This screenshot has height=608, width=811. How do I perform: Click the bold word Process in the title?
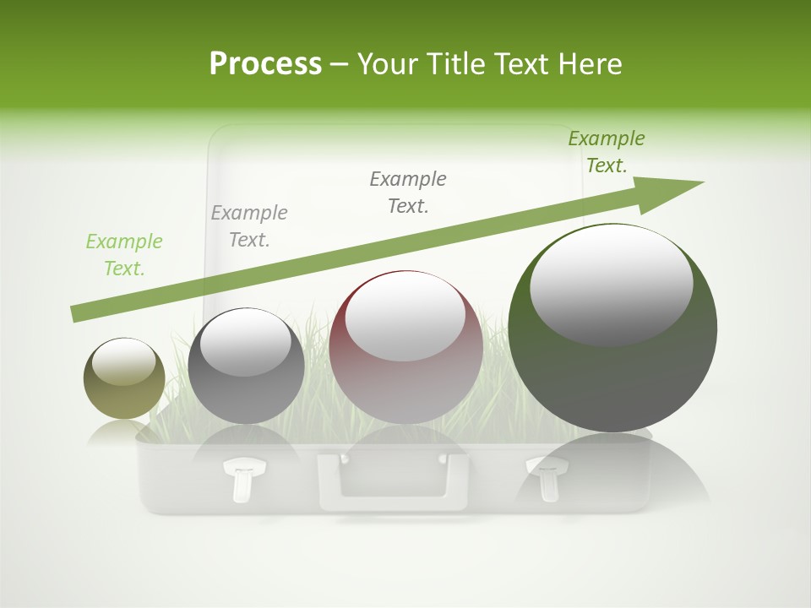[265, 64]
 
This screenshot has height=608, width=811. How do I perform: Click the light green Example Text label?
[124, 255]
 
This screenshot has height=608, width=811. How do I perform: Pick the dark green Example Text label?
[606, 152]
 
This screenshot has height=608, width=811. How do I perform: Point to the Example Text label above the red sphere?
[408, 193]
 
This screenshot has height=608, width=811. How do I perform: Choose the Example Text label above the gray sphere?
[249, 226]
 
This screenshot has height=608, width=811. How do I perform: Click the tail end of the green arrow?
[78, 313]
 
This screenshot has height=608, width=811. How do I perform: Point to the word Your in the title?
[385, 64]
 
